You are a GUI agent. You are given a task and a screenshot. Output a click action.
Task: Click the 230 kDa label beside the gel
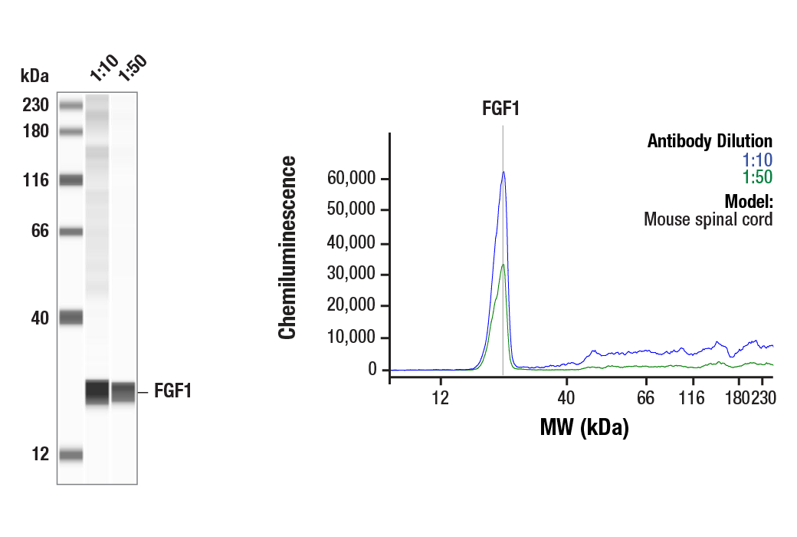[x=35, y=105]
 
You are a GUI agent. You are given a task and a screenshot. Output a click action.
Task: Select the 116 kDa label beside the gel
[x=35, y=180]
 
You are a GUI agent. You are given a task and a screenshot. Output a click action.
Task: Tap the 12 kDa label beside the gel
[x=40, y=454]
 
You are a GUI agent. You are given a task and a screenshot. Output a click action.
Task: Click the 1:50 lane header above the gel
[x=130, y=68]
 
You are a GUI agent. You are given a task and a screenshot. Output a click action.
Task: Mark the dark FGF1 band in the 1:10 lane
[x=97, y=391]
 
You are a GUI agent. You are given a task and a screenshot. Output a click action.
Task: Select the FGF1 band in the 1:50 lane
[x=123, y=392]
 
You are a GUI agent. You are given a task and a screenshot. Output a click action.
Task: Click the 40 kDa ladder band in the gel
[x=71, y=317]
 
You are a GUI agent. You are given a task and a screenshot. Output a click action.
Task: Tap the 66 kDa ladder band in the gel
[x=71, y=231]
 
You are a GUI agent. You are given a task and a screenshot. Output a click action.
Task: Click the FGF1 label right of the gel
[x=172, y=392]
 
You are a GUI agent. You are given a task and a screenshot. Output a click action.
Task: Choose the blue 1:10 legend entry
[x=757, y=160]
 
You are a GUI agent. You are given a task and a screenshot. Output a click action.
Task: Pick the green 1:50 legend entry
[x=757, y=178]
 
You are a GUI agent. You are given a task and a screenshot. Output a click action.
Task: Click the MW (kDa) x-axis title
[x=584, y=427]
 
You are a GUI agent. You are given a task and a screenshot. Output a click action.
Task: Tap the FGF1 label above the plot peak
[x=500, y=108]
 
